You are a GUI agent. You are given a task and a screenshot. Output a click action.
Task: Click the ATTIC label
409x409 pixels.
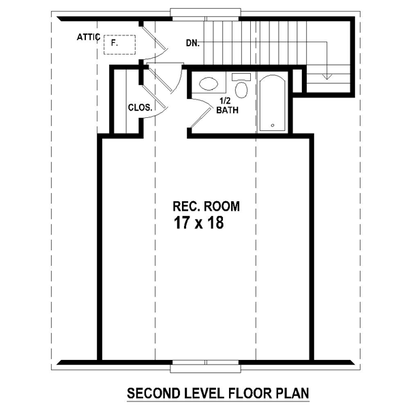pyautogui.click(x=89, y=37)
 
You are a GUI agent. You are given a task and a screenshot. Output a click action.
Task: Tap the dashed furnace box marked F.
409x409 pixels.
pyautogui.click(x=119, y=44)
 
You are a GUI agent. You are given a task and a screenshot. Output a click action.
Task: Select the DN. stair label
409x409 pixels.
pyautogui.click(x=193, y=43)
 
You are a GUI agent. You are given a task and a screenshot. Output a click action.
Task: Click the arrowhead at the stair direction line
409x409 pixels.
pyautogui.click(x=327, y=76)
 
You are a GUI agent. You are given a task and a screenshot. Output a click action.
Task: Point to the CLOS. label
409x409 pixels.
pyautogui.click(x=140, y=108)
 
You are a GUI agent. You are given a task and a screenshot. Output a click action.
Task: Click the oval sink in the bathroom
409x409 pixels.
pyautogui.click(x=209, y=84)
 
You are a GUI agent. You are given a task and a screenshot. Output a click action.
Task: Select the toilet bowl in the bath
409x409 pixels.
pyautogui.click(x=241, y=90)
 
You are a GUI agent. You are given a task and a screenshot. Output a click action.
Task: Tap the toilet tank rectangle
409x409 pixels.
pyautogui.click(x=241, y=77)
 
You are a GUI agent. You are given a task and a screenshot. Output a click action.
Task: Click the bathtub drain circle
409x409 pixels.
pyautogui.click(x=273, y=125)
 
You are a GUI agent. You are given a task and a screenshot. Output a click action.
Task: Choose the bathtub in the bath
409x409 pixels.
pyautogui.click(x=273, y=103)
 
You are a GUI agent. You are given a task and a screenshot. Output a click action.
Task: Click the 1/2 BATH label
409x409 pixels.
pyautogui.click(x=227, y=106)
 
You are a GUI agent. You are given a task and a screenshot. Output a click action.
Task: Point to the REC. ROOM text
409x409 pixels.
pyautogui.click(x=206, y=206)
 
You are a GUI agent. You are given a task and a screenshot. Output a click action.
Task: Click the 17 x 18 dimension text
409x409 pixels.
pyautogui.click(x=199, y=223)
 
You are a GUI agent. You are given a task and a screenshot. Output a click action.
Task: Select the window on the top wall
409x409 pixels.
pyautogui.click(x=205, y=14)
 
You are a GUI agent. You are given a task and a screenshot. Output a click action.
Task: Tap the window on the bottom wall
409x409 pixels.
pyautogui.click(x=205, y=366)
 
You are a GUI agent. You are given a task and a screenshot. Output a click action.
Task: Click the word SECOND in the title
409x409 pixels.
pyautogui.click(x=150, y=393)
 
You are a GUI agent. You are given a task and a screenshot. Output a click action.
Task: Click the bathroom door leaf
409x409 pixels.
pyautogui.click(x=201, y=118)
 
